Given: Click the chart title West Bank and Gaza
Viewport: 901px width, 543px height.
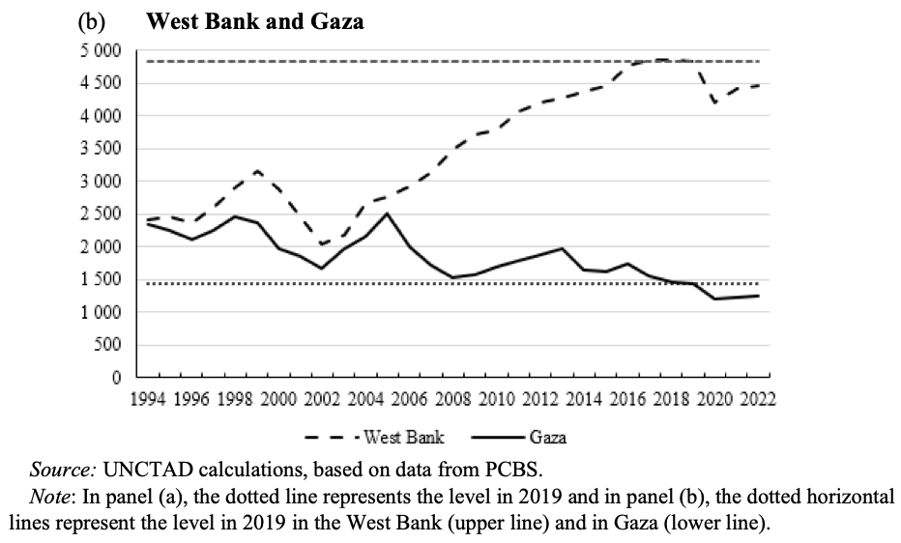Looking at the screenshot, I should pyautogui.click(x=254, y=22).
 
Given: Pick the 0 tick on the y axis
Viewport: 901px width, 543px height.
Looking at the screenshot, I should pyautogui.click(x=113, y=378).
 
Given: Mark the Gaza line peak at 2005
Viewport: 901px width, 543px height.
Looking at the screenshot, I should pyautogui.click(x=387, y=213).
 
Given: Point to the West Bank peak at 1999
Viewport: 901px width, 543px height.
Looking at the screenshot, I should pyautogui.click(x=257, y=171).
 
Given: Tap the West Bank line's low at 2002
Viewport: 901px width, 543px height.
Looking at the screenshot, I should pyautogui.click(x=322, y=244).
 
